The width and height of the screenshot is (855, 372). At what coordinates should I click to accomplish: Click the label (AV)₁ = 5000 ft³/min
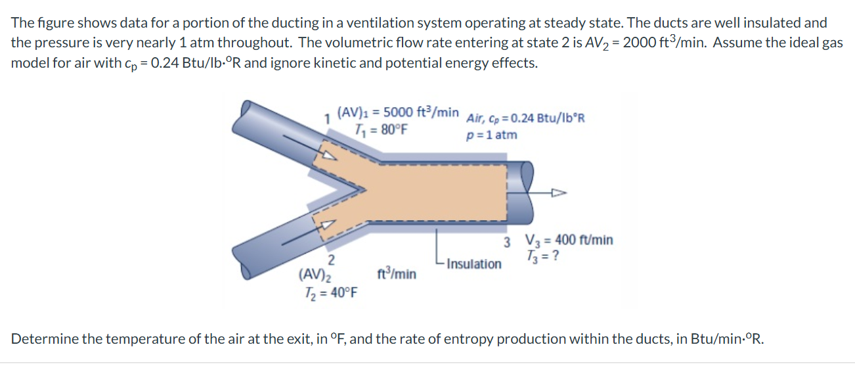click(x=397, y=112)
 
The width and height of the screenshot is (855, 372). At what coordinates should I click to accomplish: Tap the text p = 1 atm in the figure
click(x=491, y=135)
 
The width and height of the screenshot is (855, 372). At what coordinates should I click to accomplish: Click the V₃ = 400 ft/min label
click(x=569, y=240)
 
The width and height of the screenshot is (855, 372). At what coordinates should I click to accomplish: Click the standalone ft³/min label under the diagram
click(x=397, y=273)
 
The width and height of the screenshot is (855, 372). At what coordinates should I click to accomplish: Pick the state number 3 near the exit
click(x=508, y=241)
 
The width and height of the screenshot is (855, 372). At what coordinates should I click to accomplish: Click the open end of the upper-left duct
click(x=247, y=108)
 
